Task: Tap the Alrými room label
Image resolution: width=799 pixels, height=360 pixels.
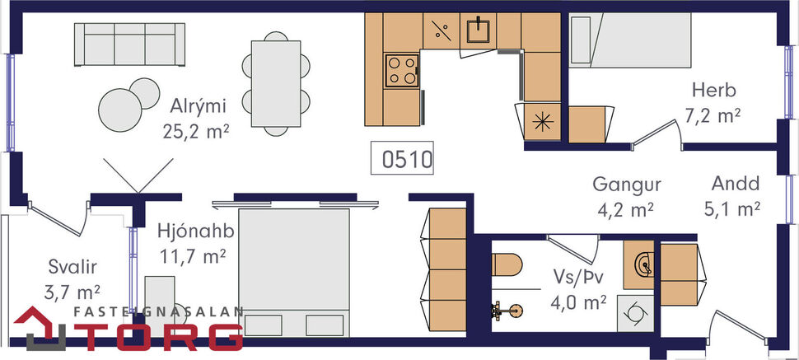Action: (199, 106)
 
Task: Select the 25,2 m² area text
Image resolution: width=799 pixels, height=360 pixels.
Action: (199, 130)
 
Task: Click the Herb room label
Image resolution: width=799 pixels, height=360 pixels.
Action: (713, 91)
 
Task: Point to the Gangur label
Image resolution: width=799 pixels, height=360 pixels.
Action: (628, 185)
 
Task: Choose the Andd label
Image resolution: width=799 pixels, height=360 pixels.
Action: (736, 185)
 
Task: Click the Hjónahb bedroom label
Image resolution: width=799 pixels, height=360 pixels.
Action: (192, 232)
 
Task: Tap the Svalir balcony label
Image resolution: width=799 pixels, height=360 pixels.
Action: (72, 266)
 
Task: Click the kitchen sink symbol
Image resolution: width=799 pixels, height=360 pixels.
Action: (478, 31)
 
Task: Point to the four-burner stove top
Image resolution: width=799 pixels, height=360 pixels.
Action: (402, 69)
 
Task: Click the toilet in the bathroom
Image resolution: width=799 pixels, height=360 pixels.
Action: (507, 264)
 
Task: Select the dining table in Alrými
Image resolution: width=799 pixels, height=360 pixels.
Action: (276, 83)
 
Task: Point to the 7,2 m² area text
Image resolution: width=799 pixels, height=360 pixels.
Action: (714, 115)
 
